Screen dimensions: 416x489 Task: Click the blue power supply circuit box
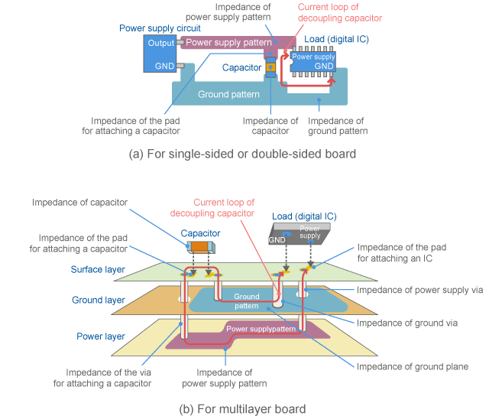click(x=160, y=54)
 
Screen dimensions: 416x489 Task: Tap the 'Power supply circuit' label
click(x=160, y=28)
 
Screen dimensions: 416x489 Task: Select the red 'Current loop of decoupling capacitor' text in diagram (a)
click(x=339, y=13)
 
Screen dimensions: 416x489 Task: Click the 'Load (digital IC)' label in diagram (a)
click(x=335, y=38)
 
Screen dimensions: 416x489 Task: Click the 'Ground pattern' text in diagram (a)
click(x=223, y=95)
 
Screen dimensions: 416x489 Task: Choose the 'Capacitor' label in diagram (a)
click(x=241, y=67)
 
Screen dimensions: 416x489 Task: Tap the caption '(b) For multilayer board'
click(x=242, y=408)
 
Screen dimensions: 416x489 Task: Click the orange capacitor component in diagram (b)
click(x=201, y=245)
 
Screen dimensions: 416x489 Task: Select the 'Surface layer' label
click(x=102, y=269)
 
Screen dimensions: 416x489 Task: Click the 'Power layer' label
click(x=101, y=336)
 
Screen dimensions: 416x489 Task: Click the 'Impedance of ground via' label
click(x=407, y=323)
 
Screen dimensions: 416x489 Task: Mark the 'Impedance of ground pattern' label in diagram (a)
click(x=337, y=126)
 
